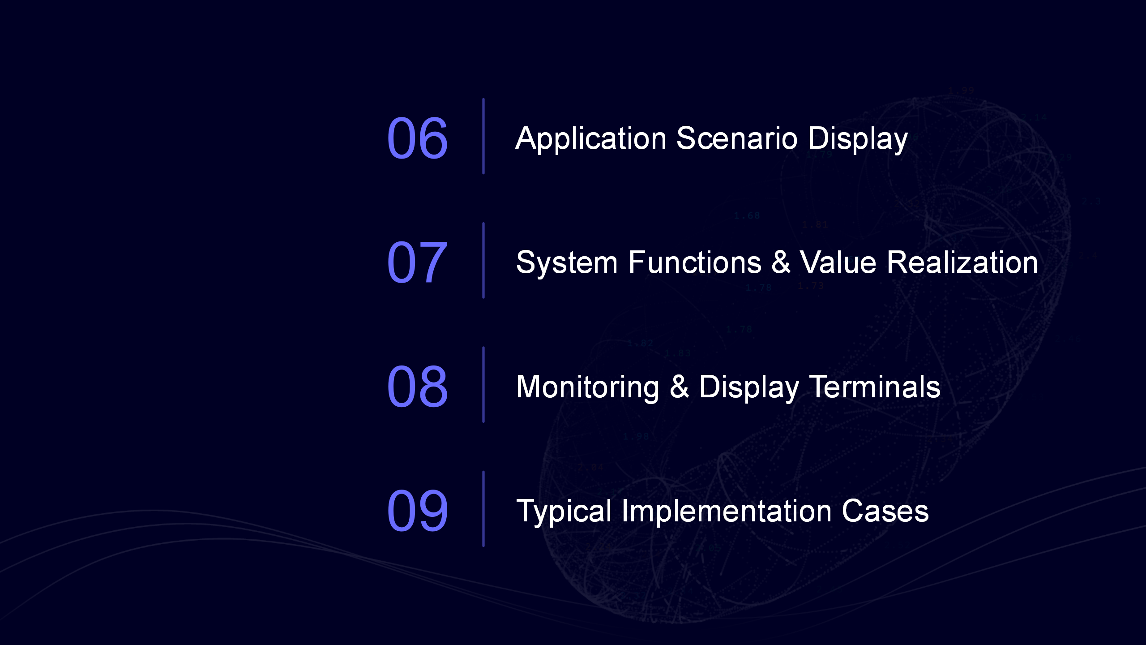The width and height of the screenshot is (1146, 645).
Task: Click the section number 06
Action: tap(417, 138)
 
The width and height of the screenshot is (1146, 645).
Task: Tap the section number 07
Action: tap(417, 262)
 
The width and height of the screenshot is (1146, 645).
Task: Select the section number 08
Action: tap(417, 387)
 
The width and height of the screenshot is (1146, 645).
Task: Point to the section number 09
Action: tap(417, 511)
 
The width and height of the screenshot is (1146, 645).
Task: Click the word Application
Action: tap(591, 138)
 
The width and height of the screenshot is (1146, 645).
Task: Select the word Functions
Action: tap(695, 262)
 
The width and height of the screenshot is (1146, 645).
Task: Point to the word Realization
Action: tap(962, 262)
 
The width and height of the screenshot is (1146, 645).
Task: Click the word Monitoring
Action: tap(588, 387)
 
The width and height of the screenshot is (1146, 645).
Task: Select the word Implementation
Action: tap(727, 512)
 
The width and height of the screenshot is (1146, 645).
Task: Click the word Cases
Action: tap(885, 511)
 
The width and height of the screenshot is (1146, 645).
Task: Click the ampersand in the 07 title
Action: tap(781, 262)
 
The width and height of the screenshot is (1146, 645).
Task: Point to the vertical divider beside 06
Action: tap(483, 136)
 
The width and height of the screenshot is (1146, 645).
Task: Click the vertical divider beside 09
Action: tap(483, 509)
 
